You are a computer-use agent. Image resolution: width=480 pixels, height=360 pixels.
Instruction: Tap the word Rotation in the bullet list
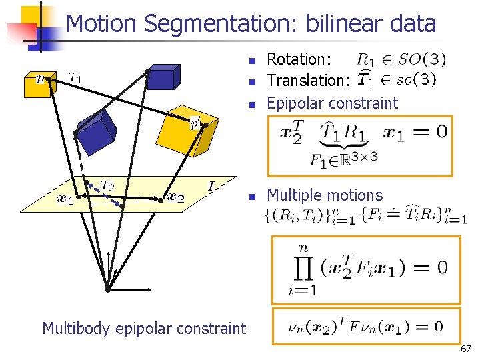(295, 59)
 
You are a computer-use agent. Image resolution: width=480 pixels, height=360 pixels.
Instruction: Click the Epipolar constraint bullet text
(332, 103)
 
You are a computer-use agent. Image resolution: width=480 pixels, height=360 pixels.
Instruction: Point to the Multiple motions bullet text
(325, 195)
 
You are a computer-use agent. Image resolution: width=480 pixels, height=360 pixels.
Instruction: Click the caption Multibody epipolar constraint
(144, 328)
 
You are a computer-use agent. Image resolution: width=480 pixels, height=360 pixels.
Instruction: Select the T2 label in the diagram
(107, 185)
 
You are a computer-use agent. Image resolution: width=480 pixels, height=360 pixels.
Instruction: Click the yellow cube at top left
(37, 85)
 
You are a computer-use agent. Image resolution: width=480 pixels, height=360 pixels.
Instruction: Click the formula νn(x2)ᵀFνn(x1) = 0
(365, 326)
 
